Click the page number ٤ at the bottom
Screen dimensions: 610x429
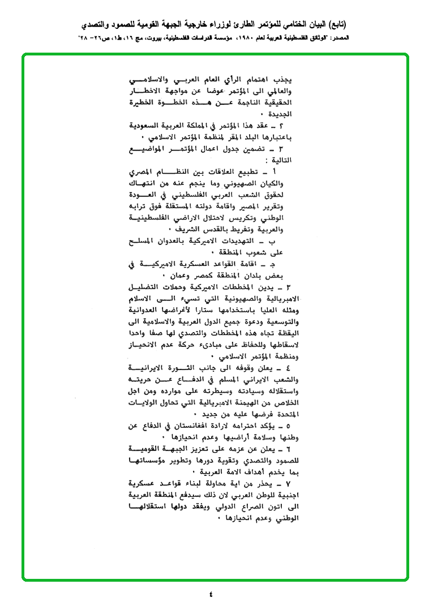click(211, 594)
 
